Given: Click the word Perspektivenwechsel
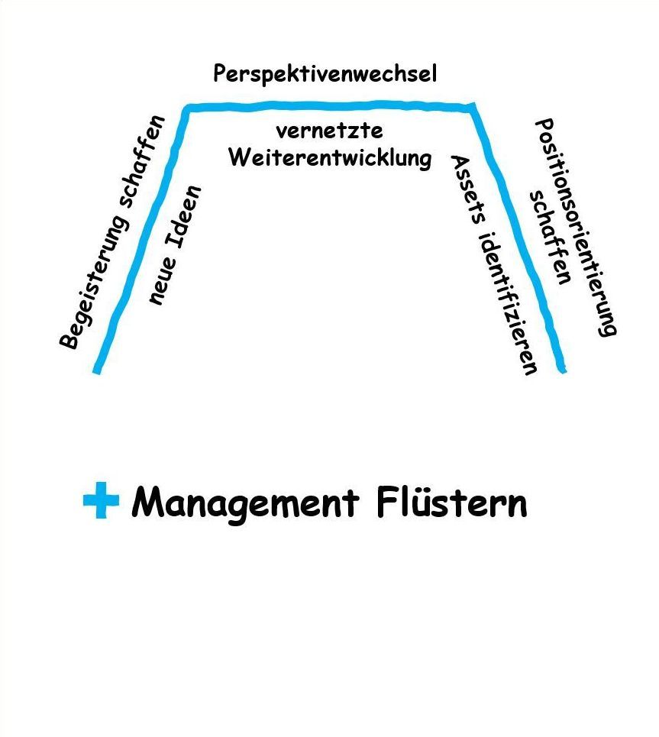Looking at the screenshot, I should (325, 74).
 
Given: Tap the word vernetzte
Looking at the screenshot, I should (329, 131).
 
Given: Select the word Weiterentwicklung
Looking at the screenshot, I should (330, 159).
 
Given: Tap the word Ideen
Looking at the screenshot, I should (186, 217).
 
